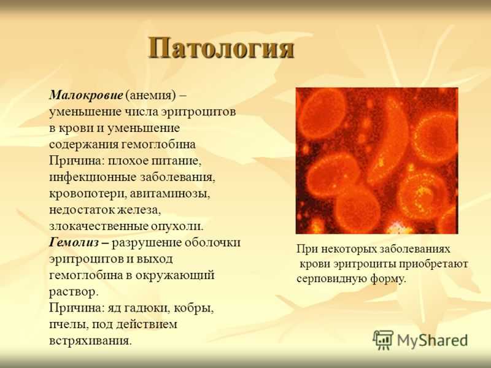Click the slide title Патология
coord(221,48)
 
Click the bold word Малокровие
coord(86,95)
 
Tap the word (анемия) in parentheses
coord(150,96)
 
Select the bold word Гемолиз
coord(74,242)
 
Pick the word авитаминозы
coord(170,194)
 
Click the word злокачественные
coord(98,226)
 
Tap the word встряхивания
coord(90,341)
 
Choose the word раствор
coord(74,292)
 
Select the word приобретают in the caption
coord(433,264)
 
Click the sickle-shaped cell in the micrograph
coord(387,141)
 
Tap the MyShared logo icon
coord(382,340)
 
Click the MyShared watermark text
coord(433,340)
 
